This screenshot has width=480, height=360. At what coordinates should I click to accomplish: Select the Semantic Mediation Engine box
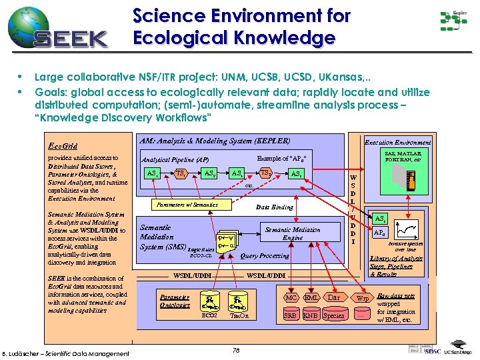[293, 233]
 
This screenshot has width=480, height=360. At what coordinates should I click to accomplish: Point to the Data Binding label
[275, 207]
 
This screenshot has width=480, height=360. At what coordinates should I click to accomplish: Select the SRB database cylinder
[290, 315]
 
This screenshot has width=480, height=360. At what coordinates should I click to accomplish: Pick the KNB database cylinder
[310, 315]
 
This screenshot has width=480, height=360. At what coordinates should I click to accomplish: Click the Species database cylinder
[334, 315]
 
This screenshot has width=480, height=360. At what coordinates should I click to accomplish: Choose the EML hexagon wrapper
[311, 297]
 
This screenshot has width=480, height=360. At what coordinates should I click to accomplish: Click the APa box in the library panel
[379, 233]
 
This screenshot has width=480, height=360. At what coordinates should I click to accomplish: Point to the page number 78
[237, 351]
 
